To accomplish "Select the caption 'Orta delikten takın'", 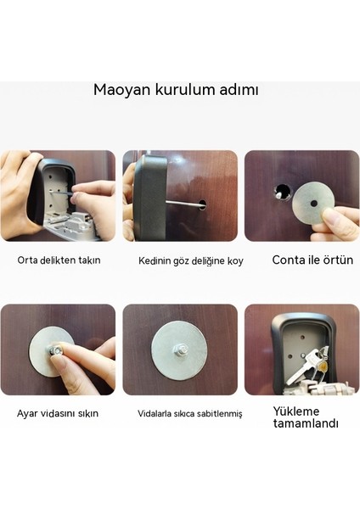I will pos(59,260).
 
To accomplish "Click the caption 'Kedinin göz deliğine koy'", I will pos(191,261).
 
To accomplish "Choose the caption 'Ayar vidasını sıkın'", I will pos(58,414).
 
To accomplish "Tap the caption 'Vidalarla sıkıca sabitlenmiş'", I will pos(190,414).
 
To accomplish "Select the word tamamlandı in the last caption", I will pos(306,424).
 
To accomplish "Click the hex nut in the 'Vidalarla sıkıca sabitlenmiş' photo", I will pos(180,350).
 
